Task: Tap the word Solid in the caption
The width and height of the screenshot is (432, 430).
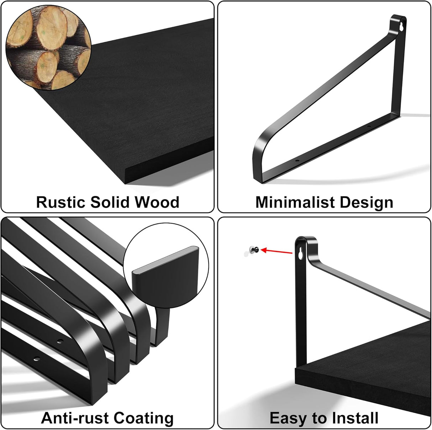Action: (110, 202)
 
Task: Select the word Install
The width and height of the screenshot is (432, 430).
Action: (355, 418)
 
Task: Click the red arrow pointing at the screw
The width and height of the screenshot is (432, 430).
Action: (276, 251)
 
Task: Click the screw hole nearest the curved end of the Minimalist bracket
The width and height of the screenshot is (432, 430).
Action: (297, 161)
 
